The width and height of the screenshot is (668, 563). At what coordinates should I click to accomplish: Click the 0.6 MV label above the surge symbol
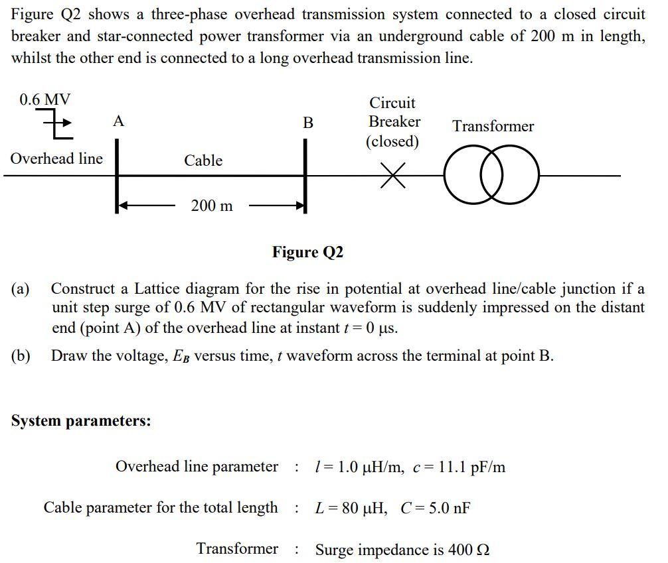tap(45, 100)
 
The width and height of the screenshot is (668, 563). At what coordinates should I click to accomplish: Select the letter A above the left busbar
tap(118, 121)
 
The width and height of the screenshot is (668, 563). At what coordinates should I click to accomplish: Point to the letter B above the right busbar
tap(307, 123)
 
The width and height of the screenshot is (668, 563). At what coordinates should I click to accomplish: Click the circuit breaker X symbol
tap(393, 176)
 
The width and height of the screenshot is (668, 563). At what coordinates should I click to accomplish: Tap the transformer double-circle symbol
tap(491, 176)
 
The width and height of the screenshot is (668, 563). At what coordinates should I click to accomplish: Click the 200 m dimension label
tap(212, 206)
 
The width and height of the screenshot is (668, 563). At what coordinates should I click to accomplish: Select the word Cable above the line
tap(203, 160)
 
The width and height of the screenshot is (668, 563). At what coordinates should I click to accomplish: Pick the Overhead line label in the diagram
tap(57, 158)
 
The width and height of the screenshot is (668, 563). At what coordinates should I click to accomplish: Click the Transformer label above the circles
tap(493, 126)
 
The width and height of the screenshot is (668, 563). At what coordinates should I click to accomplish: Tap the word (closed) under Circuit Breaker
tap(392, 142)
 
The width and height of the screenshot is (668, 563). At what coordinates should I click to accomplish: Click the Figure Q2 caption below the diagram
tap(307, 252)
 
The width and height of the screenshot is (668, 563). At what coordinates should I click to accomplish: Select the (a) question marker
tap(21, 289)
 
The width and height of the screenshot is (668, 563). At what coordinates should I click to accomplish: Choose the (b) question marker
tap(21, 356)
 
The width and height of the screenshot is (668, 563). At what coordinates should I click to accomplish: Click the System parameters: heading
tap(81, 421)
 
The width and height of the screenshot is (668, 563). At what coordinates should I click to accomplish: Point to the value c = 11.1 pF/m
tap(459, 468)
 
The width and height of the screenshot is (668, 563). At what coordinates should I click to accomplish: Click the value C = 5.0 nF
tap(436, 509)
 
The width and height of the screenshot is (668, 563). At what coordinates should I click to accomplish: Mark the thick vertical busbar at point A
tap(118, 176)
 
